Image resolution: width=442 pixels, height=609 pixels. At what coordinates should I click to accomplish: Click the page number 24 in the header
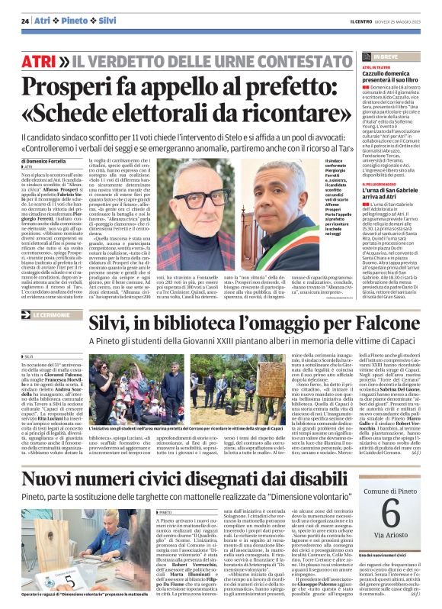click(x=25, y=20)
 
